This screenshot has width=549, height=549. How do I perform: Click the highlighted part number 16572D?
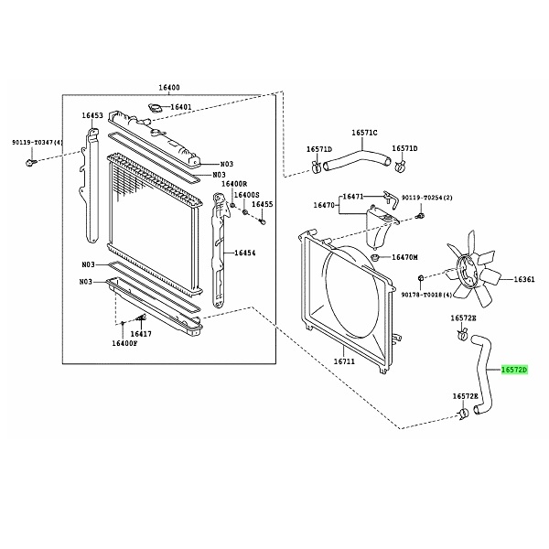click(513, 371)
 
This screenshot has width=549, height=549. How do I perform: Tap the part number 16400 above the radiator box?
click(169, 88)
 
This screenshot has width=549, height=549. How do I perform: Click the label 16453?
click(91, 116)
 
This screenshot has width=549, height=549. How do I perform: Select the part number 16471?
click(353, 196)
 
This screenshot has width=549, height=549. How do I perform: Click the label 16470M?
click(405, 257)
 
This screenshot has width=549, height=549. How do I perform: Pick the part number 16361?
click(525, 279)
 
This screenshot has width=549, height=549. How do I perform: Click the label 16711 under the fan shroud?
click(344, 361)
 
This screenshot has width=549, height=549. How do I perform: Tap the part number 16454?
click(246, 253)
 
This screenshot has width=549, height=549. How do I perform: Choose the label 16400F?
click(124, 343)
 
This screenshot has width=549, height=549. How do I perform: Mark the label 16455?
click(263, 204)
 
